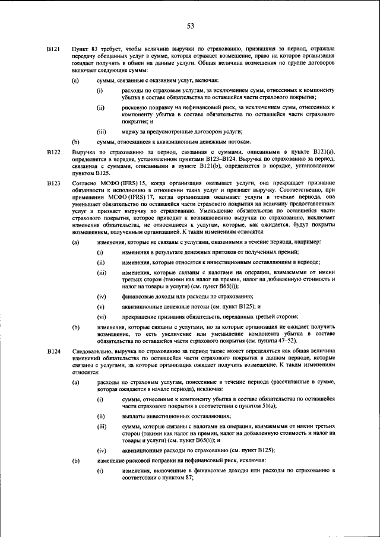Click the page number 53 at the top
[191, 26]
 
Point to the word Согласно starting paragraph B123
[85, 185]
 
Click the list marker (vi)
[102, 316]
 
